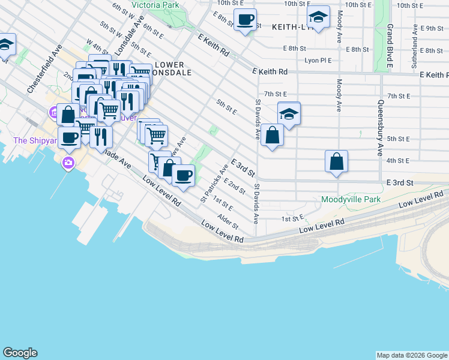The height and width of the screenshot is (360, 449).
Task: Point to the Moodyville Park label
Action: [x=351, y=199]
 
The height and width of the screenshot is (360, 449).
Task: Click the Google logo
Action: [x=20, y=353]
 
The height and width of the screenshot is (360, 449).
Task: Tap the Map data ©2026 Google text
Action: [x=412, y=355]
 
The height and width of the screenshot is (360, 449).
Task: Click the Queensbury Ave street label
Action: [x=380, y=127]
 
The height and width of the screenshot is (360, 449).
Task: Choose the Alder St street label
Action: [x=228, y=221]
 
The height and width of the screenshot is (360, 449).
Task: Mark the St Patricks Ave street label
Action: [x=214, y=184]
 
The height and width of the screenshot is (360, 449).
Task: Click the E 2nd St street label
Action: [x=235, y=187]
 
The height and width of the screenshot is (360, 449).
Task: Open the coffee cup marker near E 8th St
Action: [x=245, y=20]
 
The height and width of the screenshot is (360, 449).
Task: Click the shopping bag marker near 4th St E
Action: [x=337, y=161]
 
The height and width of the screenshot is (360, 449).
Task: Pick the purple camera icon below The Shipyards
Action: [x=68, y=162]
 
